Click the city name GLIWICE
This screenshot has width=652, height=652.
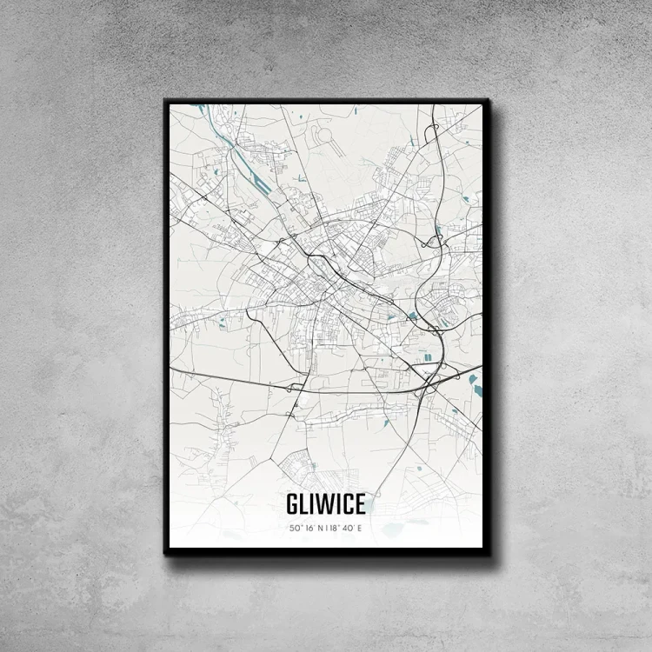tap(325, 504)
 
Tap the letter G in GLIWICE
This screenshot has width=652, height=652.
tap(292, 504)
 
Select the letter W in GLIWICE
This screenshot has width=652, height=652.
tap(323, 504)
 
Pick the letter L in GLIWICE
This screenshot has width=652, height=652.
tap(304, 504)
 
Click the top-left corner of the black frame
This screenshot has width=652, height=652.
tap(165, 100)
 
